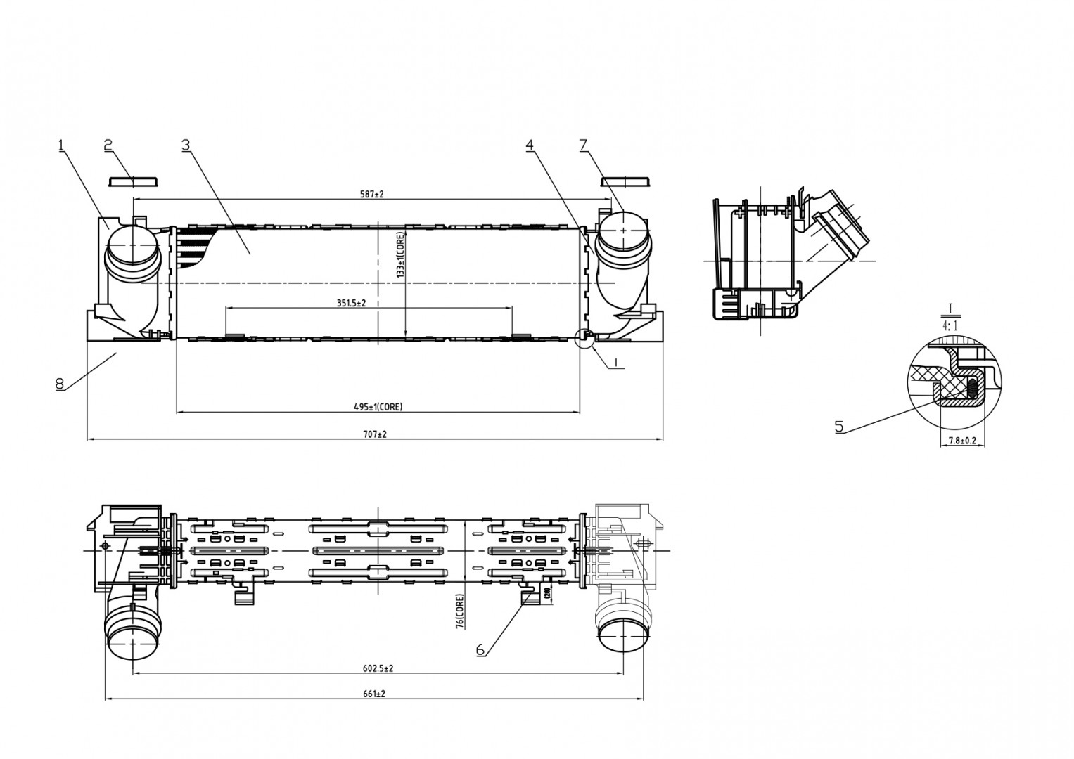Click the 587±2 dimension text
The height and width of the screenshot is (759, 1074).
click(372, 194)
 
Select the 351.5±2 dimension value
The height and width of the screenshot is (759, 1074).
click(351, 304)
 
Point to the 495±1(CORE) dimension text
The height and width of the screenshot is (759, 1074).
click(378, 407)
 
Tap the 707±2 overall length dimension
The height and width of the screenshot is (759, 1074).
click(374, 434)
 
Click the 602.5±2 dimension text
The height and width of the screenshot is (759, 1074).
click(378, 668)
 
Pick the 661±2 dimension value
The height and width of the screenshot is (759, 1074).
click(374, 694)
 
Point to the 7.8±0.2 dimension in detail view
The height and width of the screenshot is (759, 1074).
click(962, 441)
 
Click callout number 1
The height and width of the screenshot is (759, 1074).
click(61, 145)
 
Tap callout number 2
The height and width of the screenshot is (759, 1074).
click(108, 145)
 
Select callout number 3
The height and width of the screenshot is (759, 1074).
click(186, 145)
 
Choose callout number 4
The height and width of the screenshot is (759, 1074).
click(530, 145)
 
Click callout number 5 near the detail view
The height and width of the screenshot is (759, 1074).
click(839, 426)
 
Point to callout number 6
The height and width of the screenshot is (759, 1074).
click(480, 650)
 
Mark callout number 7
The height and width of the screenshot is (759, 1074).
click(584, 145)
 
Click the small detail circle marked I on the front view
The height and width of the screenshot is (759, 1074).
click(584, 339)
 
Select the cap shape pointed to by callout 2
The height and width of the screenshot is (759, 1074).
click(134, 182)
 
